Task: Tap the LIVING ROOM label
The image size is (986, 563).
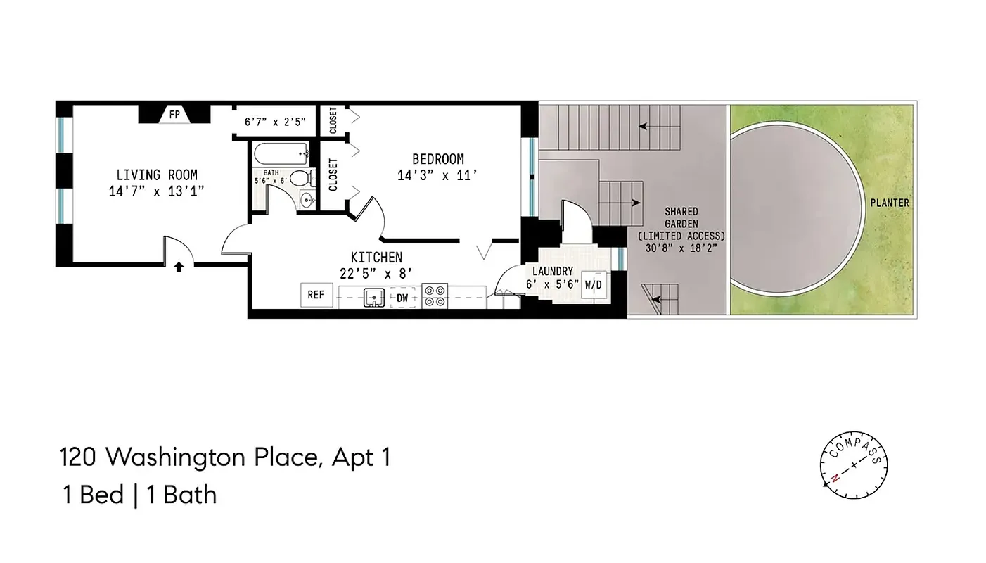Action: (157, 175)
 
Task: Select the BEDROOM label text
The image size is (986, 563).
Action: (437, 159)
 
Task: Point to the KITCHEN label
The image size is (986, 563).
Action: (376, 257)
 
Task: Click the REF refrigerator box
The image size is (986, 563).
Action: (316, 295)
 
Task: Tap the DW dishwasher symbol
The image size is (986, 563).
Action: (402, 298)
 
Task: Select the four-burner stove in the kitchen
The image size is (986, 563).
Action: (435, 296)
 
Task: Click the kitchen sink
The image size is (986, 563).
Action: (373, 298)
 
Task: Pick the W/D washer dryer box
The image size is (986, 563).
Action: (593, 284)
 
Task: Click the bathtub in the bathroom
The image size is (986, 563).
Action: (281, 153)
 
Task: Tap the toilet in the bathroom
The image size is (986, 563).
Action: (300, 178)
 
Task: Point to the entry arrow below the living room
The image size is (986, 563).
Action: (179, 267)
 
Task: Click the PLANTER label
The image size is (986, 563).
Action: (889, 203)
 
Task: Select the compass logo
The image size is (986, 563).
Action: (854, 464)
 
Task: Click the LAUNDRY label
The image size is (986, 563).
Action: (552, 271)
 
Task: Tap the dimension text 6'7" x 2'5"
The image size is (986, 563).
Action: (275, 122)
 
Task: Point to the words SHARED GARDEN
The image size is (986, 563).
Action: (681, 217)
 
